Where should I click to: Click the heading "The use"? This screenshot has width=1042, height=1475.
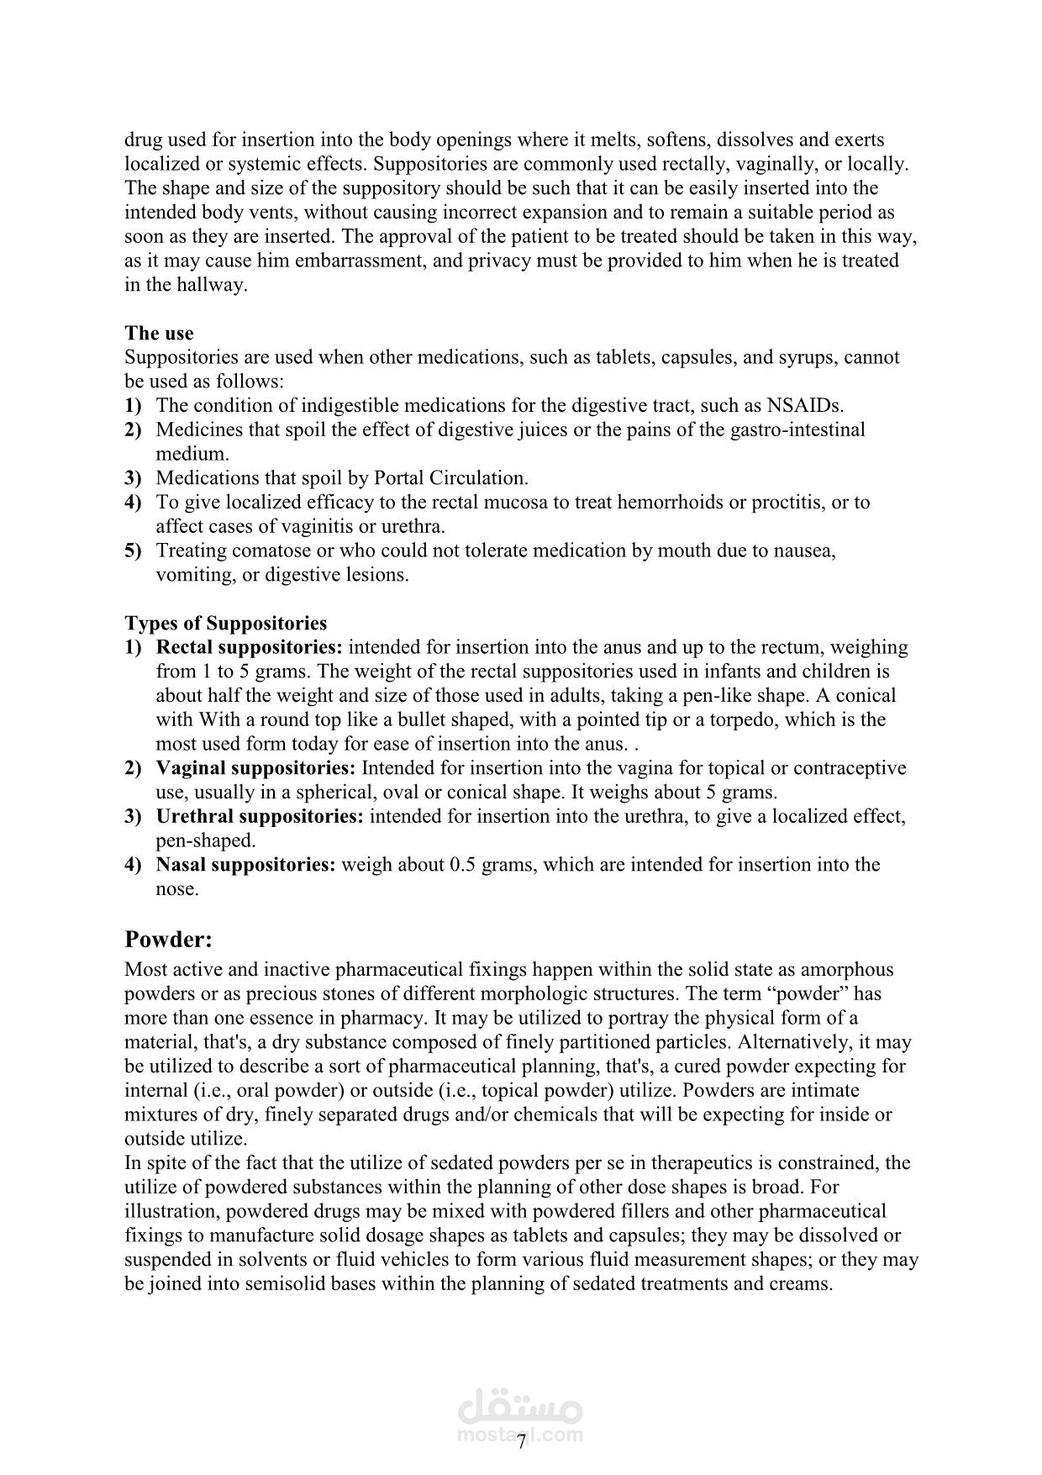[x=159, y=333]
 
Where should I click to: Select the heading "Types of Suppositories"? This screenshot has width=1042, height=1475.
[x=225, y=623]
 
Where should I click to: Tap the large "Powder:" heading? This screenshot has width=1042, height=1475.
[x=168, y=939]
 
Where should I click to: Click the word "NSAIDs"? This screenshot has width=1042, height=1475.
[x=803, y=405]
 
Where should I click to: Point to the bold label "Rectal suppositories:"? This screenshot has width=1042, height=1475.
[x=250, y=647]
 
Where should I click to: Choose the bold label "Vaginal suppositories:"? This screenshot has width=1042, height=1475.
[x=256, y=768]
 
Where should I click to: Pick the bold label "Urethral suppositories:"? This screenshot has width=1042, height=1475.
[x=260, y=816]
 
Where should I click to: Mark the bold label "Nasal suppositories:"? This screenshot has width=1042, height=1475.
[x=246, y=865]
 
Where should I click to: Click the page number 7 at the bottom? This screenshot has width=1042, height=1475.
[x=521, y=1442]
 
